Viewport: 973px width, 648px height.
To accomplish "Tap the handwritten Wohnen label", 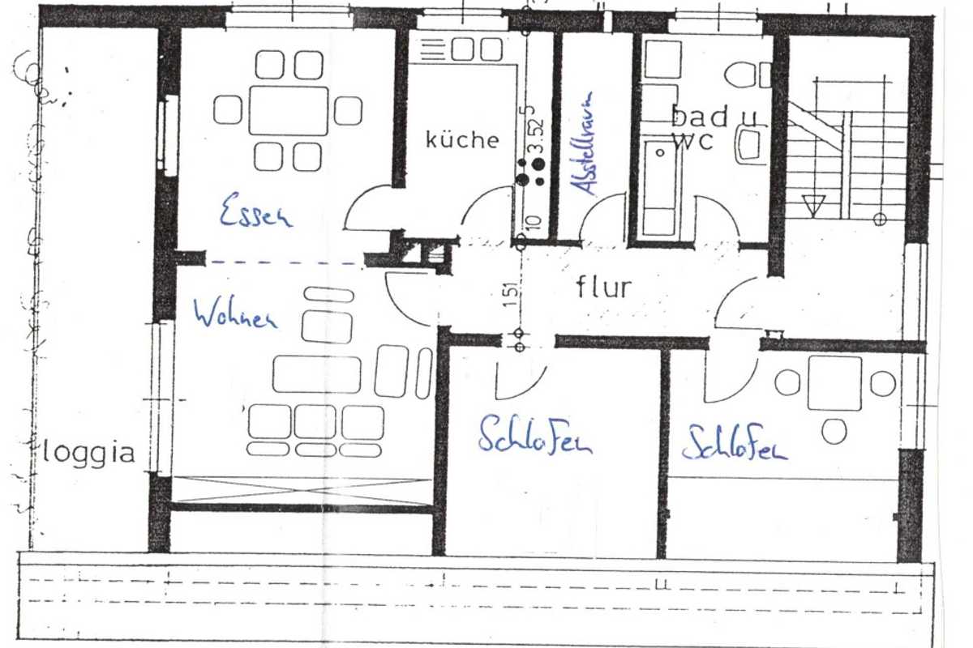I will point(234,314).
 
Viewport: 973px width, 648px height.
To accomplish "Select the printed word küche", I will point(462,139).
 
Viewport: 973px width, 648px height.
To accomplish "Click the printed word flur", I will point(603,287).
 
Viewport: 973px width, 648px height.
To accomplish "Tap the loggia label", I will point(89,452).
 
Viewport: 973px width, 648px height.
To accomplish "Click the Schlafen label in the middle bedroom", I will point(534,437).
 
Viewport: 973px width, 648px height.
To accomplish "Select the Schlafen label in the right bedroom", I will point(735,445).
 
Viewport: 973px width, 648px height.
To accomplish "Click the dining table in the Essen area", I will point(288,111).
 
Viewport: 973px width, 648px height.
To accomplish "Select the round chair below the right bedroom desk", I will point(834,432).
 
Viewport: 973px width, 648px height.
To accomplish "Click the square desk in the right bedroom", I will point(834,383).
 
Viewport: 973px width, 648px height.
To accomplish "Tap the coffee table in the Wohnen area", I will point(316,373).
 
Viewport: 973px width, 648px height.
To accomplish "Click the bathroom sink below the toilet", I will point(748,145).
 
